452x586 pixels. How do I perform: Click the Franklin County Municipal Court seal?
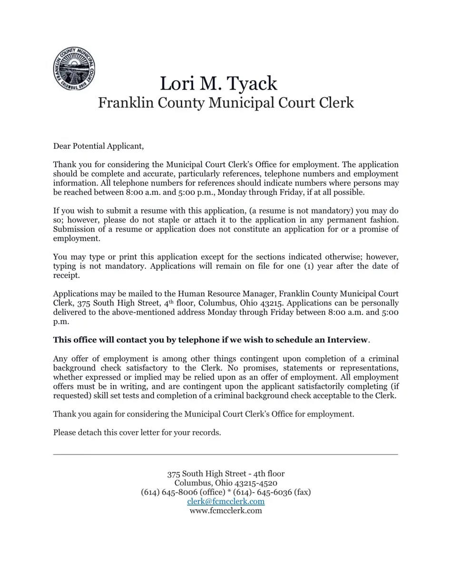pyautogui.click(x=74, y=69)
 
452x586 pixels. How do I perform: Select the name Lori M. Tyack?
pyautogui.click(x=218, y=83)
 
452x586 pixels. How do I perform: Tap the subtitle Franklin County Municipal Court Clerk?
pyautogui.click(x=226, y=102)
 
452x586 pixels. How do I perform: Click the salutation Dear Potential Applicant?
pyautogui.click(x=98, y=146)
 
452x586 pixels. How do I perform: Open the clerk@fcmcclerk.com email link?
pyautogui.click(x=226, y=501)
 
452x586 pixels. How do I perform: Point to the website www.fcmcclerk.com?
pyautogui.click(x=226, y=511)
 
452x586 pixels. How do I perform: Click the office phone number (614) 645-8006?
pyautogui.click(x=169, y=492)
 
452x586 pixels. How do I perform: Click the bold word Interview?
pyautogui.click(x=347, y=340)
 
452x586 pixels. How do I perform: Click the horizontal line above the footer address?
pyautogui.click(x=226, y=455)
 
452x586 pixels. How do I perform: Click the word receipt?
pyautogui.click(x=66, y=275)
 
